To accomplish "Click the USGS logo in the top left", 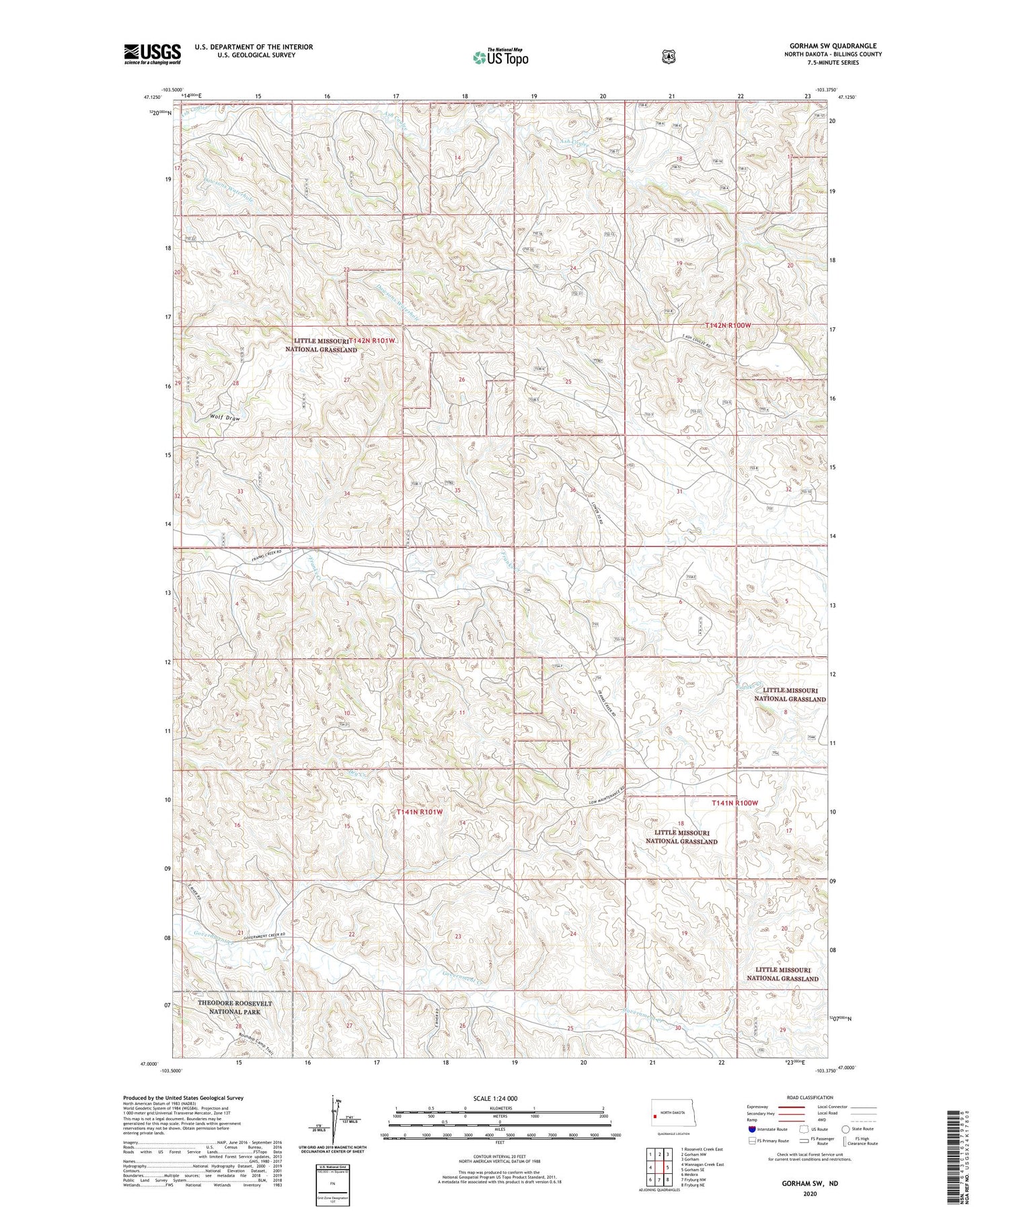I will click(x=152, y=54).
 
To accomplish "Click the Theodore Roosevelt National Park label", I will click(x=235, y=1007).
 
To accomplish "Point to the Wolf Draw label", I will click(x=224, y=418).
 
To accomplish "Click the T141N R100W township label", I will click(x=735, y=803).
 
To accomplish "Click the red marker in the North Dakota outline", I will click(x=655, y=1117).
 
